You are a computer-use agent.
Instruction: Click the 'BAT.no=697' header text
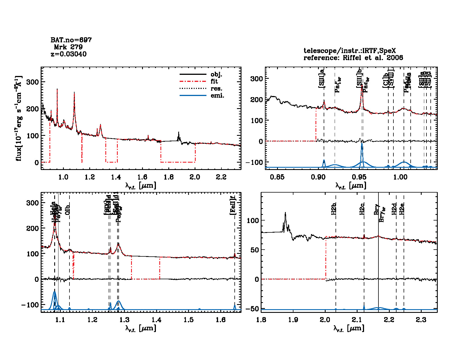click(x=71, y=40)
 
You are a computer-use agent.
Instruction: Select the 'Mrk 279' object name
click(x=68, y=47)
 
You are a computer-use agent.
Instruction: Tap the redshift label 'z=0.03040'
click(x=69, y=54)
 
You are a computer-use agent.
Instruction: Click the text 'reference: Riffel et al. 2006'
click(x=353, y=58)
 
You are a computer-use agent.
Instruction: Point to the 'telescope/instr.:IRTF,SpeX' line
click(x=350, y=51)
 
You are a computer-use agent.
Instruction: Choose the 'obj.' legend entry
click(x=216, y=75)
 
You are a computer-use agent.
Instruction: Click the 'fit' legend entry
click(x=214, y=81)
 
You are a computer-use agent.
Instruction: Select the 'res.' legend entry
click(x=216, y=88)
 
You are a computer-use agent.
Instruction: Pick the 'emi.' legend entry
click(x=217, y=95)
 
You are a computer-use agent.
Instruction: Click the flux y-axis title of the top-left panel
click(x=19, y=118)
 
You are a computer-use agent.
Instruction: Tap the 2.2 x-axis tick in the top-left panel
click(x=221, y=177)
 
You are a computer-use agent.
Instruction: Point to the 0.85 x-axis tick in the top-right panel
click(x=277, y=177)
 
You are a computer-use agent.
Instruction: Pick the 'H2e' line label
click(x=402, y=209)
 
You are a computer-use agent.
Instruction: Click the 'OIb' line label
click(x=67, y=210)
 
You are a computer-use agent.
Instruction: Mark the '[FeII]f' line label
click(x=233, y=206)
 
